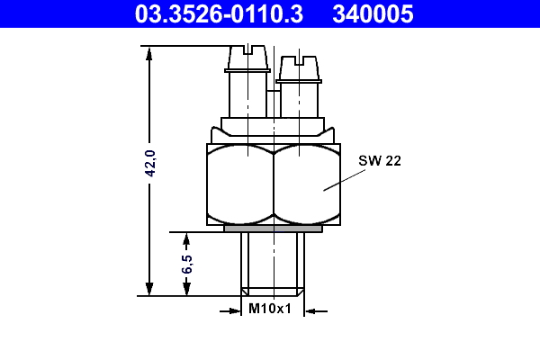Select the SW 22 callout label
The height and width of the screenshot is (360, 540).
tap(379, 160)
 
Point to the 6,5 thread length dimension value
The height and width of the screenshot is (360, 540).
tap(186, 264)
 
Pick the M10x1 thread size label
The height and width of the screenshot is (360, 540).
tap(270, 310)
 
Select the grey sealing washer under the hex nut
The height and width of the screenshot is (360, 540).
tap(273, 229)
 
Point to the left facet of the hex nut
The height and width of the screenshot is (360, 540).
tap(238, 184)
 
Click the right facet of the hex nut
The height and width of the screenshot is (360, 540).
tap(306, 184)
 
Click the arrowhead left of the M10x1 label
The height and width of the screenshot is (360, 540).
tap(236, 311)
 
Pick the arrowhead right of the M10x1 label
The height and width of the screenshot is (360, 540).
tap(310, 311)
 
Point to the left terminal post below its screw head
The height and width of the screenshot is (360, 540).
tap(245, 94)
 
